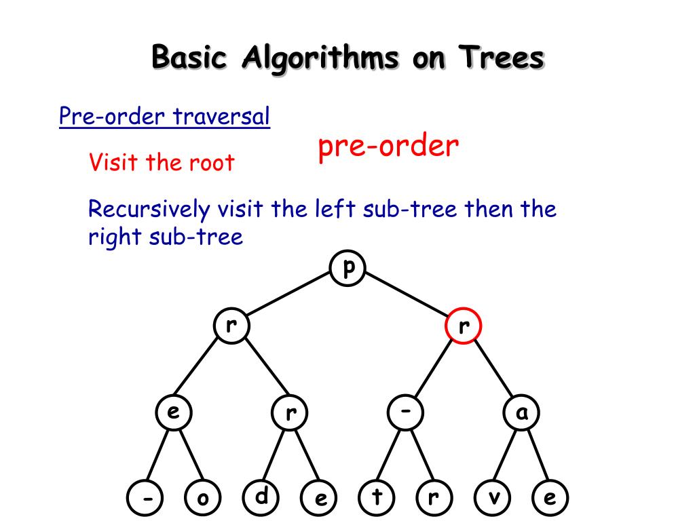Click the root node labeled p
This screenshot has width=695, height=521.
tap(348, 269)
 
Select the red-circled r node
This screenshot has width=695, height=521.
tap(463, 326)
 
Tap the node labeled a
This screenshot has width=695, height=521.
tap(521, 412)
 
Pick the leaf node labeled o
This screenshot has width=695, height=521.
tap(203, 499)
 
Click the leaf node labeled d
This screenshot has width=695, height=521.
tap(261, 497)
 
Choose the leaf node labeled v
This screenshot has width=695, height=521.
tap(493, 499)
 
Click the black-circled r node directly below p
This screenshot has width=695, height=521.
tap(231, 326)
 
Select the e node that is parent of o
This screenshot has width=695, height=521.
tap(174, 412)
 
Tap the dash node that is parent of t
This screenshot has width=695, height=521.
tap(406, 412)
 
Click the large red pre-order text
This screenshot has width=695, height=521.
tap(388, 146)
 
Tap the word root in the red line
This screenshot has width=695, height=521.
tap(210, 163)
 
